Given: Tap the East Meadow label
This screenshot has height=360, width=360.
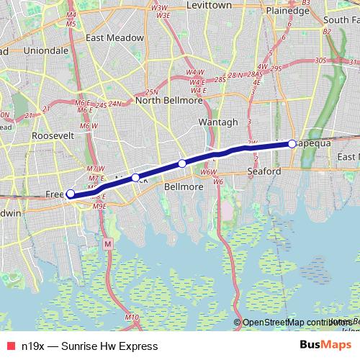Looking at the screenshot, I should click(114, 37).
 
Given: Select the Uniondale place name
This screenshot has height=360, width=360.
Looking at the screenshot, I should click(46, 51).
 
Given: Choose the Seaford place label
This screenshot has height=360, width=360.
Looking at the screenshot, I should click(263, 172).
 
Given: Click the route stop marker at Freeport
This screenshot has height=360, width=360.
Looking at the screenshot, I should click(71, 194).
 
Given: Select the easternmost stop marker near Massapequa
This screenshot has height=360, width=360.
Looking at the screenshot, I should click(292, 143).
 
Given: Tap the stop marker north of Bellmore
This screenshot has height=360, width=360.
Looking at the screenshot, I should click(182, 163).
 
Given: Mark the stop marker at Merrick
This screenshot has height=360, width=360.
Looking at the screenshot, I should click(135, 177).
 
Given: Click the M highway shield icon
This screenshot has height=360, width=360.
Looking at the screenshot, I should click(108, 244).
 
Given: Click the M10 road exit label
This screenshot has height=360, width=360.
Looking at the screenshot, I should click(131, 317).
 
